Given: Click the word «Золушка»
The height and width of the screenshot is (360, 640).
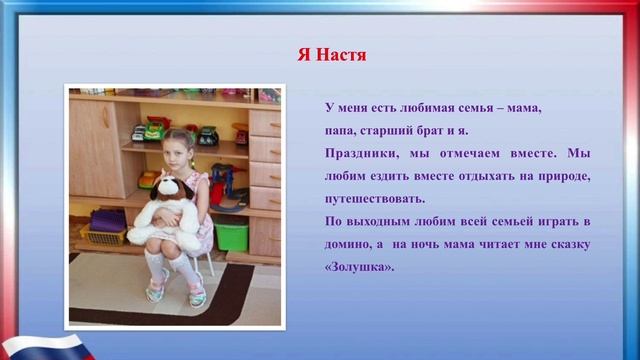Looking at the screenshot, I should click(360, 268).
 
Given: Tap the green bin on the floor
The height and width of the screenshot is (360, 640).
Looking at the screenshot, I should click(232, 236).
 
